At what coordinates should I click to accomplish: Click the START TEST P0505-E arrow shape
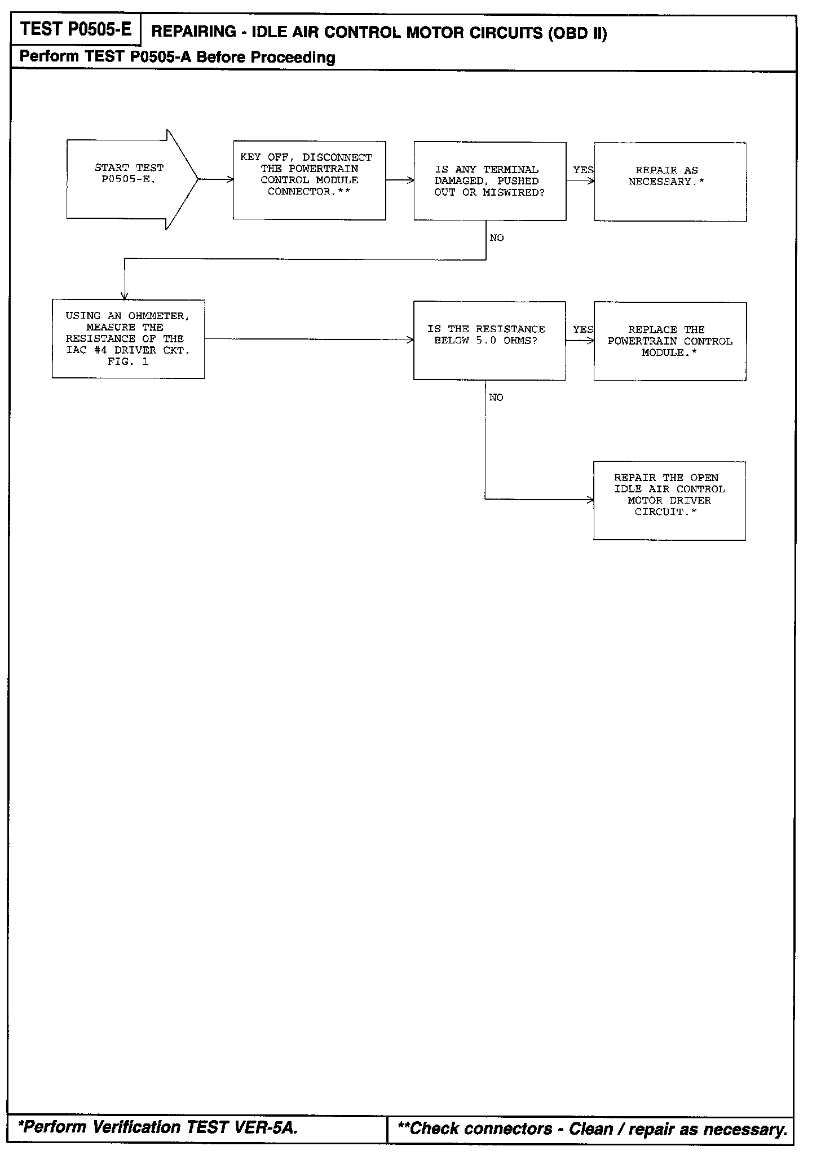[x=129, y=180]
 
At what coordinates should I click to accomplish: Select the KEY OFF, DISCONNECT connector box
[x=309, y=180]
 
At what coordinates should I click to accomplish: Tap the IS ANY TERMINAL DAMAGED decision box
[x=489, y=181]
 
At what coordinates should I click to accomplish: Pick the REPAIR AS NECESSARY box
[x=670, y=182]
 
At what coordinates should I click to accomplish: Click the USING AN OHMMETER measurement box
[x=128, y=339]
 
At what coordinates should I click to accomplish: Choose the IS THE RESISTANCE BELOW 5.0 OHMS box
[x=489, y=341]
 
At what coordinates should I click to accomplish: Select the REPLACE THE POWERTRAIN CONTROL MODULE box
[x=669, y=341]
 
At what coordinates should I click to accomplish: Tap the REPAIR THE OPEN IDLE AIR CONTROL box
[x=669, y=500]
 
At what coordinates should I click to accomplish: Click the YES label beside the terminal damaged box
[x=583, y=170]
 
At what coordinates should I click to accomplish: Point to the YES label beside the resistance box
[x=582, y=329]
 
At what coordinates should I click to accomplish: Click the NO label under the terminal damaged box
[x=497, y=238]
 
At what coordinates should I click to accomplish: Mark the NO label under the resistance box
[x=496, y=398]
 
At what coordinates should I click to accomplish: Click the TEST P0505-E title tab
[x=76, y=30]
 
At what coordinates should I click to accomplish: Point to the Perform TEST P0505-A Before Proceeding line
[x=177, y=58]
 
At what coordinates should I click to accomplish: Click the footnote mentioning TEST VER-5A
[x=158, y=1127]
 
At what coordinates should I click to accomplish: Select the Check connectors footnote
[x=592, y=1129]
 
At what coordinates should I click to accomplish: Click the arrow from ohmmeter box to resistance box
[x=309, y=340]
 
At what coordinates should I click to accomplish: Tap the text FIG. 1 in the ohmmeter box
[x=128, y=362]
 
